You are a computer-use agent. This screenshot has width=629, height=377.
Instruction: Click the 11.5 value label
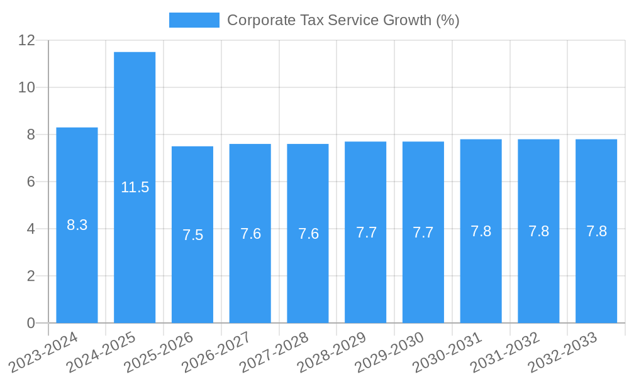click(x=135, y=187)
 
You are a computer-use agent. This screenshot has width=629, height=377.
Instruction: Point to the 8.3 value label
click(x=77, y=225)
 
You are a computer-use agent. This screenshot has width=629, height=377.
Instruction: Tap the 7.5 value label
click(x=192, y=235)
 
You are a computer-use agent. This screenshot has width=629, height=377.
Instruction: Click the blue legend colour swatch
click(x=194, y=20)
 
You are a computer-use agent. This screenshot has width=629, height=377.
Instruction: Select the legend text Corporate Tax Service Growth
click(x=343, y=20)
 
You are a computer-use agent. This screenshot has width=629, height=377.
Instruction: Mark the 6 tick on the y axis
click(x=31, y=182)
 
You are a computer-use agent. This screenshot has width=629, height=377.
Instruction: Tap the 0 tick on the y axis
click(x=31, y=323)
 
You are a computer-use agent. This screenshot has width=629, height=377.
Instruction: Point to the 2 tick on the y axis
click(x=31, y=276)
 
